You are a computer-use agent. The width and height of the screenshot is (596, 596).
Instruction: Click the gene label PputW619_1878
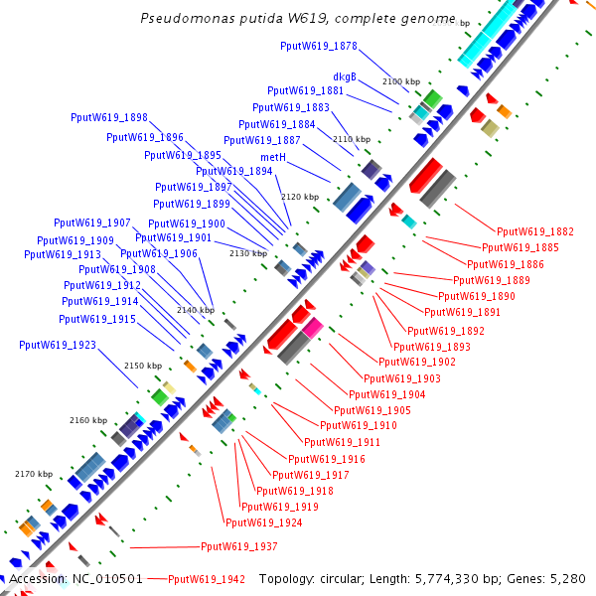(319, 46)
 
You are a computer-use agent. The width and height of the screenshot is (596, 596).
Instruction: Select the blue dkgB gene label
(345, 76)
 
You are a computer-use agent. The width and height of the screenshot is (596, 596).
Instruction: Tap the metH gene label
(273, 157)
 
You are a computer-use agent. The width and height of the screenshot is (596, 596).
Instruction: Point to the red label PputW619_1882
(534, 231)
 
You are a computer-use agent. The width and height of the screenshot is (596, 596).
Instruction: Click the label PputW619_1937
(238, 546)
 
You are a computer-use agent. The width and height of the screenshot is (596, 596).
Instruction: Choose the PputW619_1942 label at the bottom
(206, 579)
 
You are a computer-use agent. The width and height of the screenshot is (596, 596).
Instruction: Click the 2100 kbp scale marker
(401, 80)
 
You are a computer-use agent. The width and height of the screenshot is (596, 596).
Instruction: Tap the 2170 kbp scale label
(33, 474)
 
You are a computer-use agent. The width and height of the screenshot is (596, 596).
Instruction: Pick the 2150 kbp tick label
(142, 367)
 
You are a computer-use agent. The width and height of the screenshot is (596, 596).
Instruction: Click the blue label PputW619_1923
(58, 345)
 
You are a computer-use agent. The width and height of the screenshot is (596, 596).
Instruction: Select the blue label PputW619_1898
(109, 117)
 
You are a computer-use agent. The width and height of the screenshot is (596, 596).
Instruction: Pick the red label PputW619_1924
(263, 522)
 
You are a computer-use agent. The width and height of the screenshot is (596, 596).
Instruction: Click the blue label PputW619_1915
(97, 319)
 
